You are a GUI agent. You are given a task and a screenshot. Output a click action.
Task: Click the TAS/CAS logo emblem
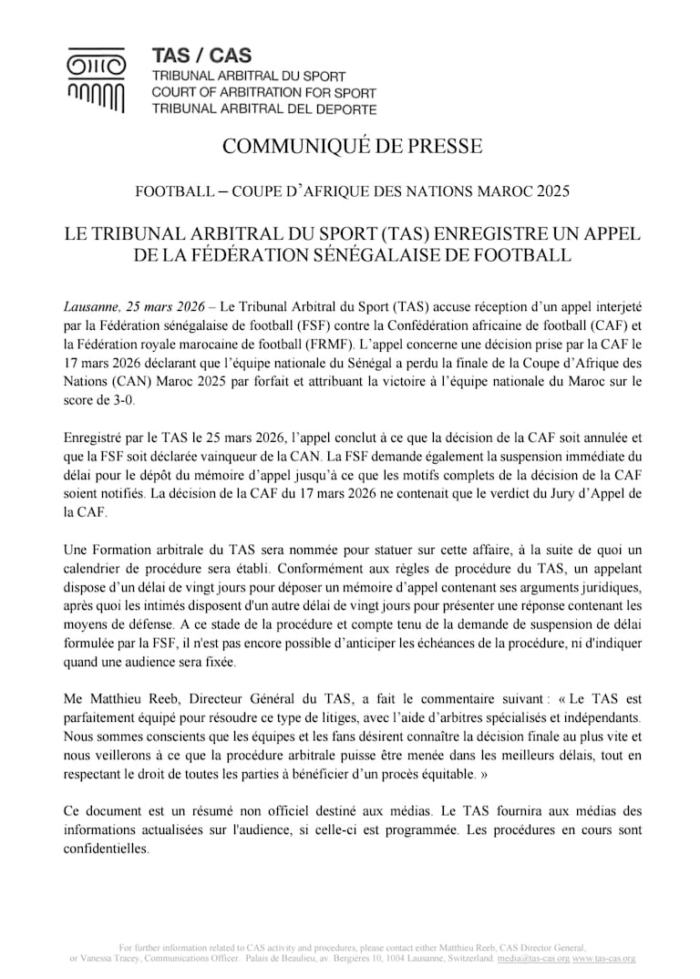pyautogui.click(x=96, y=82)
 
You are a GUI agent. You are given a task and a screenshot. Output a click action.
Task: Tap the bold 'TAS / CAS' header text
pyautogui.click(x=201, y=57)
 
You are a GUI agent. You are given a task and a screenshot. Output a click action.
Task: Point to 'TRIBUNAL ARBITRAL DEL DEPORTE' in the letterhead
pyautogui.click(x=263, y=109)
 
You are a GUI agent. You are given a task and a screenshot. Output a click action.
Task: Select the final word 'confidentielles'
pyautogui.click(x=106, y=848)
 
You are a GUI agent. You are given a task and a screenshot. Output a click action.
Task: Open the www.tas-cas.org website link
pyautogui.click(x=604, y=959)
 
